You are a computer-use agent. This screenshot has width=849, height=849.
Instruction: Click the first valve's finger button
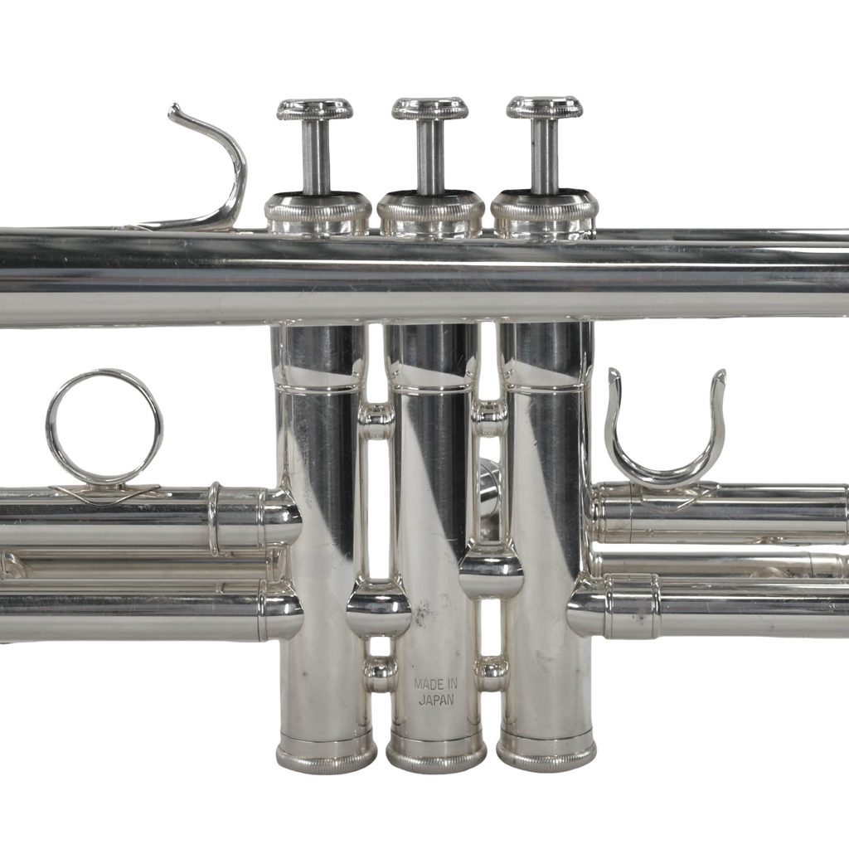click(x=315, y=109)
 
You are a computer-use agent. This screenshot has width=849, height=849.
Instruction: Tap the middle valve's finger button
click(x=430, y=109)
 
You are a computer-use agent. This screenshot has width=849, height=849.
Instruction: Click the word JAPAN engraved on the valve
click(x=436, y=700)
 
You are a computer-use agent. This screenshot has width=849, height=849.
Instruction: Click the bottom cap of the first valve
click(x=327, y=751)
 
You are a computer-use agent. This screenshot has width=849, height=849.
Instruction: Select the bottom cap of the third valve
click(x=546, y=751)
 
